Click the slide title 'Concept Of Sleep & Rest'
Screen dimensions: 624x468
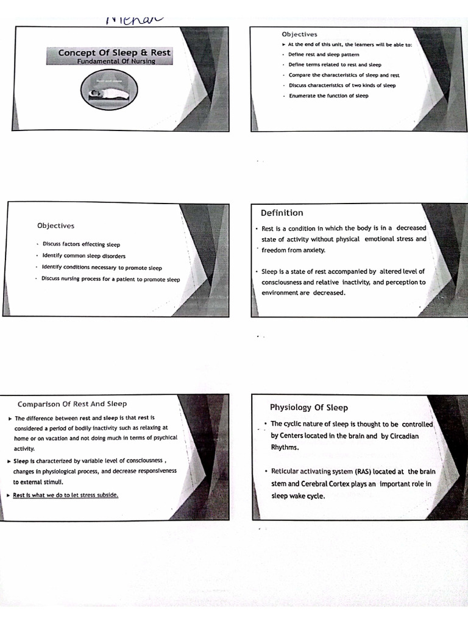click(x=114, y=53)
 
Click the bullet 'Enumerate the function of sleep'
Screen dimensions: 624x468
click(x=328, y=96)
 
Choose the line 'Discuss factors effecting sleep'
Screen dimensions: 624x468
click(x=81, y=244)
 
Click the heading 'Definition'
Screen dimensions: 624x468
click(x=282, y=213)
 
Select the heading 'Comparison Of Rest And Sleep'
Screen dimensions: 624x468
click(x=72, y=403)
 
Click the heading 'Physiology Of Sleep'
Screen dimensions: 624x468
click(x=309, y=407)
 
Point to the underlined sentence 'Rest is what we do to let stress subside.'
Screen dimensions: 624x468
click(x=66, y=495)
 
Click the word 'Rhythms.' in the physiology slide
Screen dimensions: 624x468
click(x=285, y=447)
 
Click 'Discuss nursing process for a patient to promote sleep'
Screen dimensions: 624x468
click(x=111, y=279)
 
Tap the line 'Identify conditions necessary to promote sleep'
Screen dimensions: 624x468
click(x=102, y=268)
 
